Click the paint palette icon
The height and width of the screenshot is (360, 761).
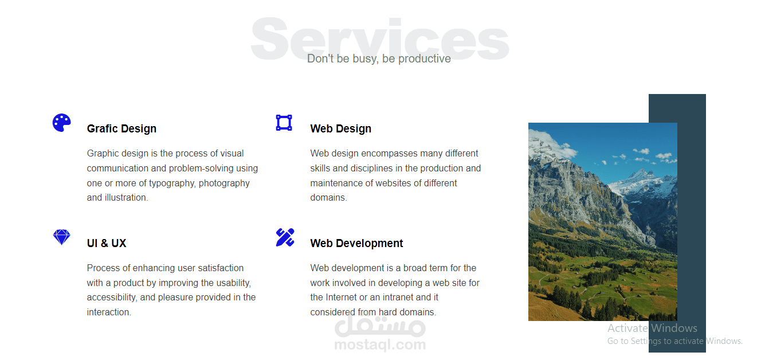pos(61,123)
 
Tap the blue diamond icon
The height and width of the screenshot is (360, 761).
pos(61,237)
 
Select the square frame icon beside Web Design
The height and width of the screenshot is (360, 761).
pos(284,123)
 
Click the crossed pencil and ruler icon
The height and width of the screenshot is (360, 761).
pos(285,237)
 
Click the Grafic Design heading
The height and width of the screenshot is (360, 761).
pos(121,129)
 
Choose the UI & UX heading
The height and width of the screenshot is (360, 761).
pos(107,244)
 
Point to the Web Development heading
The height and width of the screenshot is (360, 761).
pos(356,244)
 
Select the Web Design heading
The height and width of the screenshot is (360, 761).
pos(341,129)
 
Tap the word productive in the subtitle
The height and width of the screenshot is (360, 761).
pos(425,59)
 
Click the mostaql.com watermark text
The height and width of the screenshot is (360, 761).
pos(380,345)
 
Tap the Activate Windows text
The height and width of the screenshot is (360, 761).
pos(652,328)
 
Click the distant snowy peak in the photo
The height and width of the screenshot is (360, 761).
pos(640,174)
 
